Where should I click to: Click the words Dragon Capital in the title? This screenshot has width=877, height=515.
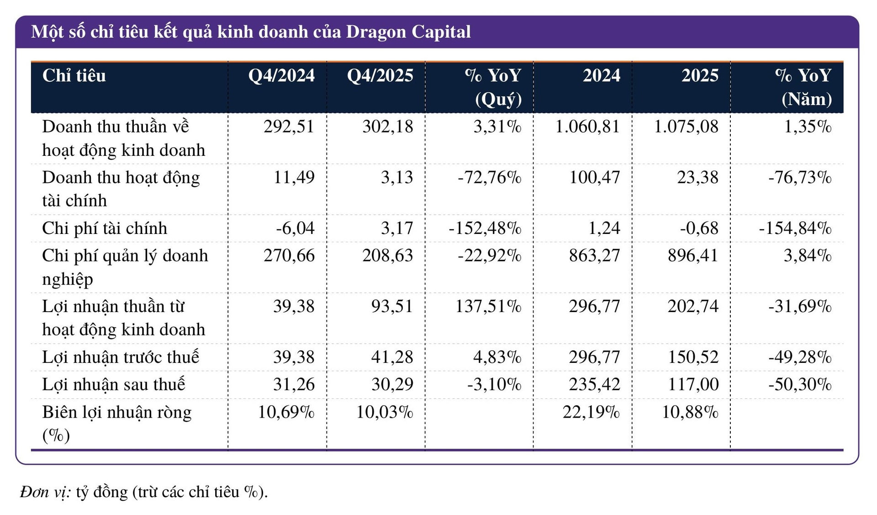(x=408, y=32)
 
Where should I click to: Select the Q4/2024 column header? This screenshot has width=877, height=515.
(x=281, y=76)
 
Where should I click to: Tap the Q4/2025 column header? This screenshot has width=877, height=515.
(x=380, y=76)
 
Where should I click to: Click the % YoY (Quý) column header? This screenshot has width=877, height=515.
(x=494, y=87)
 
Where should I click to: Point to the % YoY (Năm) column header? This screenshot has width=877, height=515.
(x=804, y=87)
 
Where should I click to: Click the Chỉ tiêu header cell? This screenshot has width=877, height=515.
(x=74, y=76)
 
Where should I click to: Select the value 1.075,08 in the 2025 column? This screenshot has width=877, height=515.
(x=686, y=127)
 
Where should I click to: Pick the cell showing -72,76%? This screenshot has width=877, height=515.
(x=489, y=177)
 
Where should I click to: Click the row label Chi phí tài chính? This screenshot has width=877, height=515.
(x=105, y=228)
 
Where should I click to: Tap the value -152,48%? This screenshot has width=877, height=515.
(x=485, y=228)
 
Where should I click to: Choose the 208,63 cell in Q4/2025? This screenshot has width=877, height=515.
(x=387, y=255)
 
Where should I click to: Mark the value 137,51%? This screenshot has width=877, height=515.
(x=488, y=306)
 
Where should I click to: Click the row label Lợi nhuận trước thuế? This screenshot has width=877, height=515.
(x=121, y=357)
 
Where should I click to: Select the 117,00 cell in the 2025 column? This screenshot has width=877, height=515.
(x=693, y=384)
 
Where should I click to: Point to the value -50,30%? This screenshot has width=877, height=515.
(x=800, y=384)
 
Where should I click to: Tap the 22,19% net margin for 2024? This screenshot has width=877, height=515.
(x=591, y=412)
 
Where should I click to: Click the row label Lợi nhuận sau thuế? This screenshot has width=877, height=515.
(x=114, y=384)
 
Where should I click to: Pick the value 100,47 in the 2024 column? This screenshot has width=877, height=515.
(x=594, y=177)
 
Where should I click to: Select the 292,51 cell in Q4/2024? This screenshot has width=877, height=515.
(x=289, y=127)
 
